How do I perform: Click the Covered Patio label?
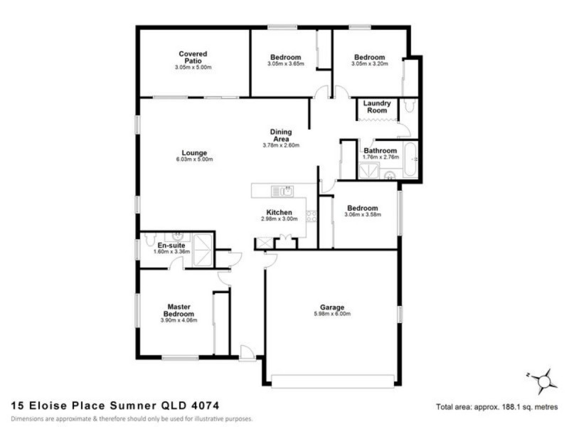click(193, 57)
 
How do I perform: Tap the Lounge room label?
click(193, 152)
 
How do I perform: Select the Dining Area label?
click(281, 135)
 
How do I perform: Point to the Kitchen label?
click(279, 213)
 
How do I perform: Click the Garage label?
click(333, 307)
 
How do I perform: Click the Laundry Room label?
click(376, 107)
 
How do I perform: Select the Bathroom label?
click(381, 151)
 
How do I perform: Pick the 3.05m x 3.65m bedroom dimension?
click(286, 64)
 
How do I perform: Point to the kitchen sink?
click(286, 191)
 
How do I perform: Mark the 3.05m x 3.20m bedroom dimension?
click(369, 64)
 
